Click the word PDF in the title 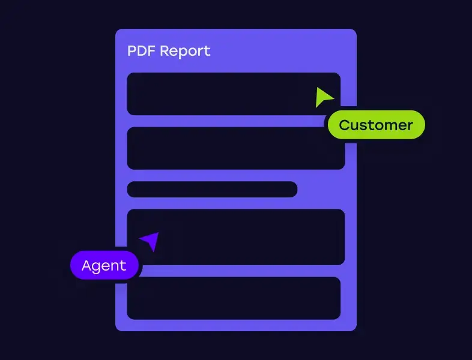[140, 51]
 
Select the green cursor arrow [323, 97]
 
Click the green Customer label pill [376, 125]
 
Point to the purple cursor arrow [151, 241]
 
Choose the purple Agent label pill [104, 265]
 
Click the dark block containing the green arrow [228, 94]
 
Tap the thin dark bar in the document [212, 189]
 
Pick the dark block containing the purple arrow [240, 237]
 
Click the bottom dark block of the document [234, 298]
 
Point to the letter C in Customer [345, 125]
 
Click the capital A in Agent [87, 265]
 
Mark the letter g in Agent [98, 267]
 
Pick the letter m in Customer [385, 125]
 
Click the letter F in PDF [150, 51]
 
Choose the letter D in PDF [141, 51]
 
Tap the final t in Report [207, 51]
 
